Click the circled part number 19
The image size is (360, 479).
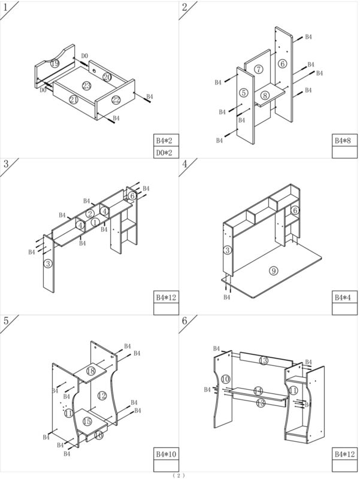tap(55, 63)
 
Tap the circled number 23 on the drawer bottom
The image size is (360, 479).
tap(86, 86)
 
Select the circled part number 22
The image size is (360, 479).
tap(116, 99)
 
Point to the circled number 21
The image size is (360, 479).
tap(74, 99)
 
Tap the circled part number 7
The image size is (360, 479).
tap(258, 70)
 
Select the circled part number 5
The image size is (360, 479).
tap(243, 93)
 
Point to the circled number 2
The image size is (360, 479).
tap(90, 214)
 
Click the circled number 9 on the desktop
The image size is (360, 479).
tap(274, 271)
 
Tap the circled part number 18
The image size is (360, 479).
tap(90, 371)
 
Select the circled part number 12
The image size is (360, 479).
tap(102, 395)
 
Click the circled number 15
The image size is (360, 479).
tap(87, 422)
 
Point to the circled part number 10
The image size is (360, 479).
tap(225, 379)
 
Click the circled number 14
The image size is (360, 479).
tap(258, 390)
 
